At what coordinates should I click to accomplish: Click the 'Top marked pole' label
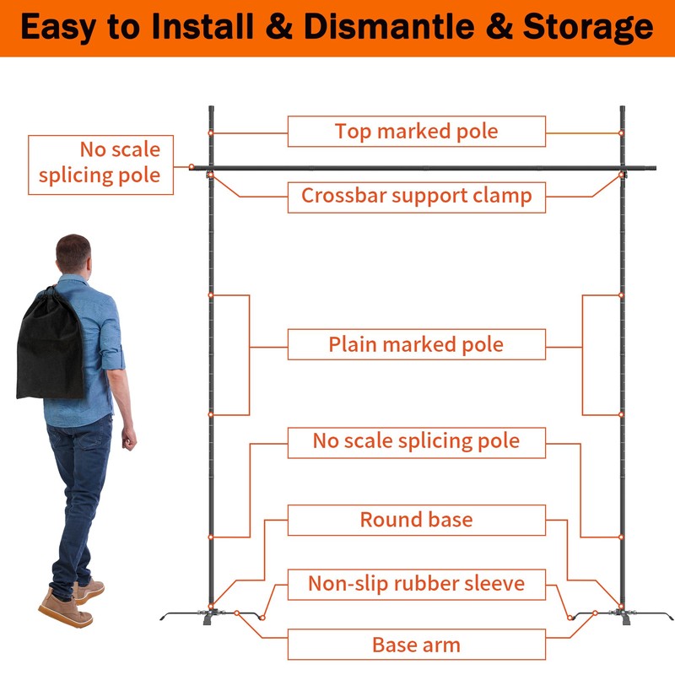point(416,132)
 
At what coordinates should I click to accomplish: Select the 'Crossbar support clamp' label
point(416,196)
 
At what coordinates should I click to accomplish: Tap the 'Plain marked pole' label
point(416,344)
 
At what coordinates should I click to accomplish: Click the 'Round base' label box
point(416,520)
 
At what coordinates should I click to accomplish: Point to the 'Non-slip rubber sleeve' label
point(416,583)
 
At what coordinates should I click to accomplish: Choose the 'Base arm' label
point(416,645)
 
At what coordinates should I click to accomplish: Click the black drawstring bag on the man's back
point(51,346)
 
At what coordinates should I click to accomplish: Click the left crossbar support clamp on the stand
point(209,175)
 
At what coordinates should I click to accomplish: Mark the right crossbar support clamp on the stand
point(623,175)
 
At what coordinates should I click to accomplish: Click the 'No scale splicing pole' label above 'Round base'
point(416,441)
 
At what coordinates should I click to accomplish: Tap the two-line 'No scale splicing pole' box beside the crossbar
point(100,164)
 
